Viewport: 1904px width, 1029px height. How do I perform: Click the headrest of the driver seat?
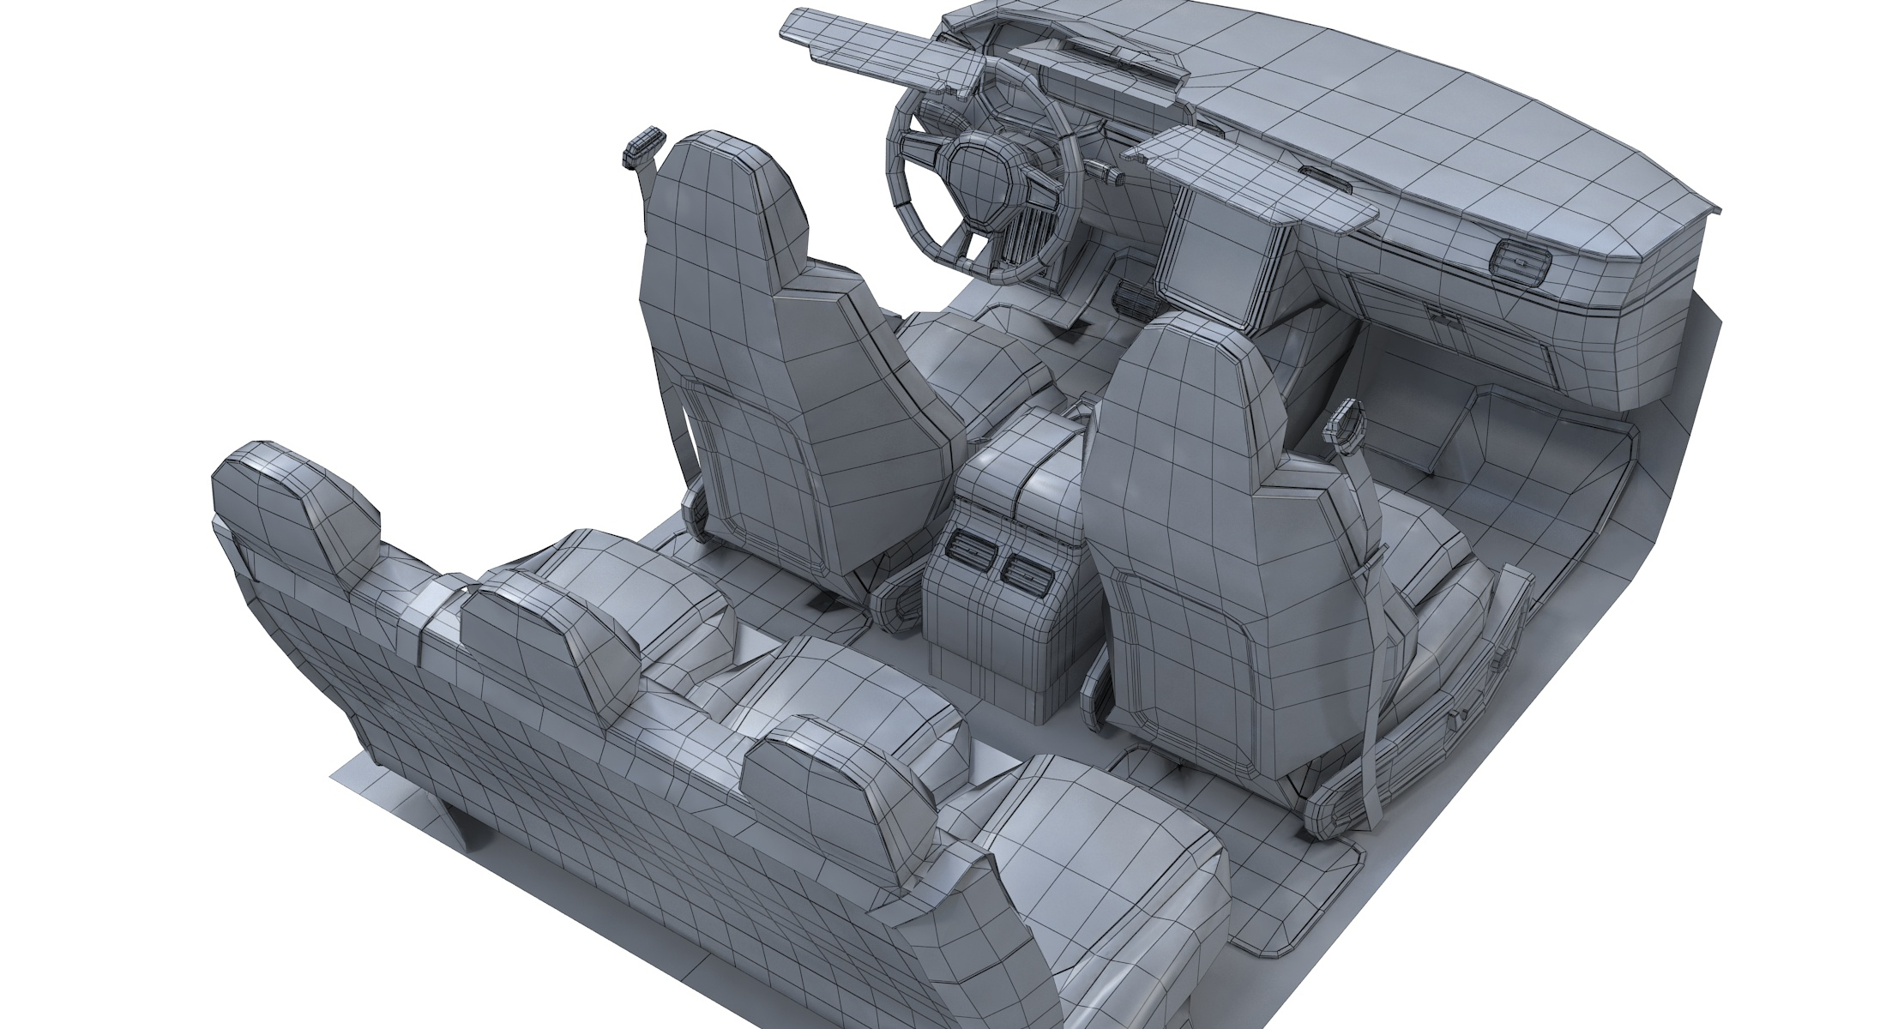pos(729,193)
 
